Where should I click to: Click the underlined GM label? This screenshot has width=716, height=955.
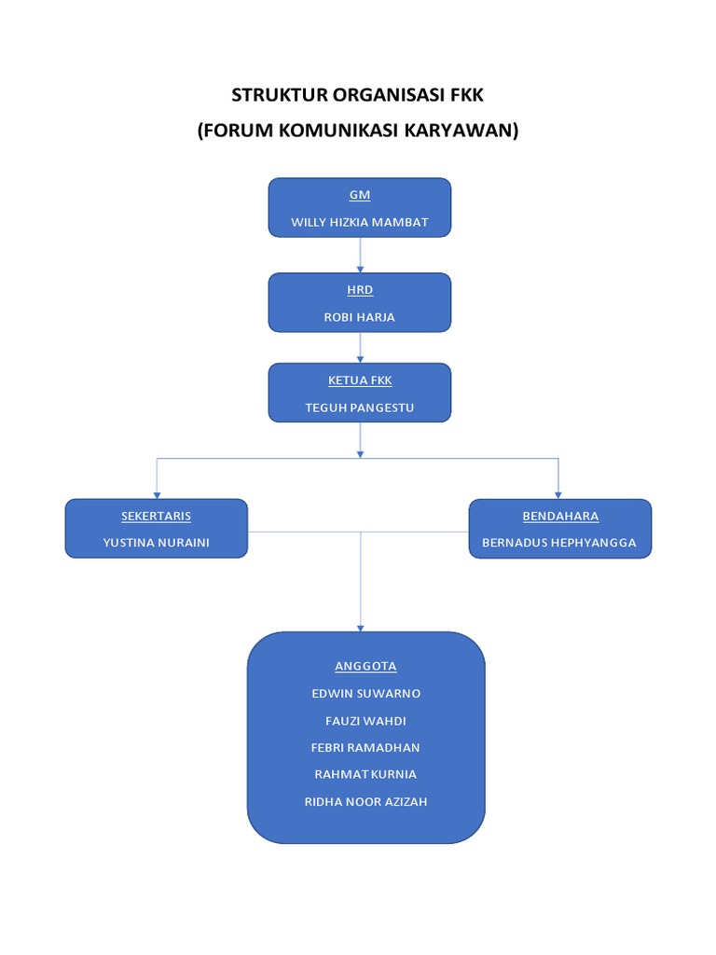(x=360, y=195)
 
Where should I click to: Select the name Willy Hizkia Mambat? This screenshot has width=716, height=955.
(x=360, y=223)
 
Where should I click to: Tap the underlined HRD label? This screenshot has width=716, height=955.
(x=360, y=290)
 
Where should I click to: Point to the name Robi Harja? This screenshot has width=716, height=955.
(x=360, y=317)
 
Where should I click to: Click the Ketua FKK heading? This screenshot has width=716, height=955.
(x=360, y=381)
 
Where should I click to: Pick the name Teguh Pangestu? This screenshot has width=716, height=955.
(x=360, y=408)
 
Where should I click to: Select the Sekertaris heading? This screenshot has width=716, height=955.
(x=157, y=516)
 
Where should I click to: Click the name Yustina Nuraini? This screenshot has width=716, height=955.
(x=157, y=543)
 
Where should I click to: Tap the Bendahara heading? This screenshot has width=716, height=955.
(x=559, y=516)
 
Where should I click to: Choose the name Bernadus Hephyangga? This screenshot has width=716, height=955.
(x=559, y=543)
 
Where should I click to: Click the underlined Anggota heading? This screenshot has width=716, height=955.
(x=365, y=666)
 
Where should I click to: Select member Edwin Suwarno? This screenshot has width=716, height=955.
(x=365, y=694)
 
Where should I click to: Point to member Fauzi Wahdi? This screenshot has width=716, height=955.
(x=365, y=721)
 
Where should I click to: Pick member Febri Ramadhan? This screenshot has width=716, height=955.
(x=365, y=747)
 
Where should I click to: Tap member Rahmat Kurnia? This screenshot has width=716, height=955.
(x=365, y=774)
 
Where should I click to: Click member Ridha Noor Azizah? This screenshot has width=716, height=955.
(x=365, y=801)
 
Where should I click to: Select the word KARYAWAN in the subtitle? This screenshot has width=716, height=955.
(x=461, y=131)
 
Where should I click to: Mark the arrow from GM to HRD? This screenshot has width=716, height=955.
(x=360, y=255)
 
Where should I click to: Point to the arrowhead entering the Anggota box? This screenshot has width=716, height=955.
(x=361, y=628)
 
